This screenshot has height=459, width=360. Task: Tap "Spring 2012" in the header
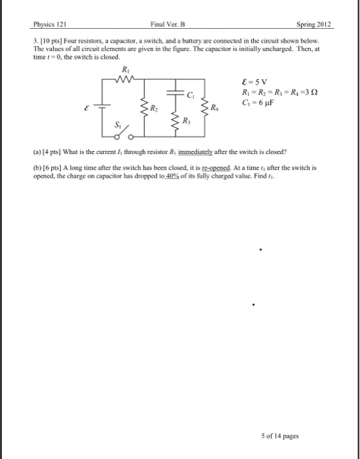[x=314, y=25]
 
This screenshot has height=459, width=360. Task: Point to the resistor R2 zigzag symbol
[x=143, y=106]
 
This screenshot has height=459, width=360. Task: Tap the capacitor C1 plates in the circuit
[x=175, y=94]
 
